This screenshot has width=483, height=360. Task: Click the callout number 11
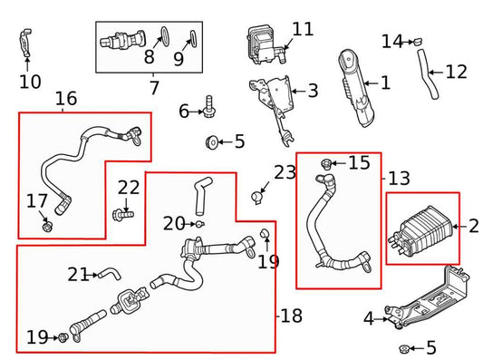pyautogui.click(x=303, y=29)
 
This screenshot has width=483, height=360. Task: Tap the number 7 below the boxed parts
pyautogui.click(x=153, y=88)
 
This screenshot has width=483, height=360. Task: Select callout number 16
pyautogui.click(x=65, y=99)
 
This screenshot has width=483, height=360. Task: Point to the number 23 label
pyautogui.click(x=285, y=172)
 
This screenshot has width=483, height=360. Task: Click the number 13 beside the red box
pyautogui.click(x=398, y=178)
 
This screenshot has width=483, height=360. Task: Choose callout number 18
pyautogui.click(x=292, y=316)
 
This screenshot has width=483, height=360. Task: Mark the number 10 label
pyautogui.click(x=29, y=82)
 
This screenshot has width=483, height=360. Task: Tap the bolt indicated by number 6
pyautogui.click(x=209, y=105)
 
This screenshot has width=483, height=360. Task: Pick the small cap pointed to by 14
pyautogui.click(x=420, y=41)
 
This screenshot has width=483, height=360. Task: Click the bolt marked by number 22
pyautogui.click(x=122, y=215)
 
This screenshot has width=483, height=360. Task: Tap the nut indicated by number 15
pyautogui.click(x=325, y=164)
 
